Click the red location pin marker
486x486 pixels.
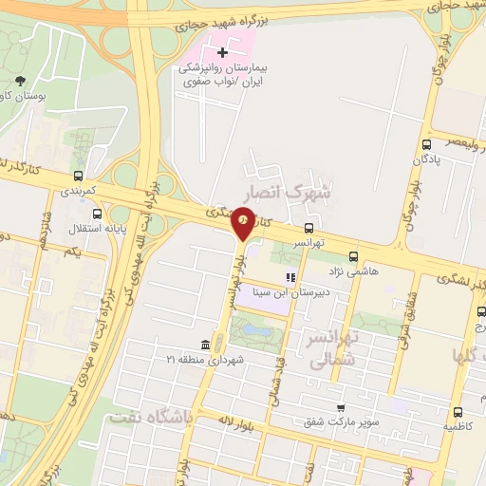coord(244,225)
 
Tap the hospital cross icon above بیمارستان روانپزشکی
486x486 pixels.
coord(222,53)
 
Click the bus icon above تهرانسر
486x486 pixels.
coord(309,228)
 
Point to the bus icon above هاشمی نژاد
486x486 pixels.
coord(353,256)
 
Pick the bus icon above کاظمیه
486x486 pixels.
coord(458,413)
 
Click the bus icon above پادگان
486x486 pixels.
coord(426,145)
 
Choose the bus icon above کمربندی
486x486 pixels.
coord(78,176)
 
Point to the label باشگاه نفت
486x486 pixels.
coord(150,417)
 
